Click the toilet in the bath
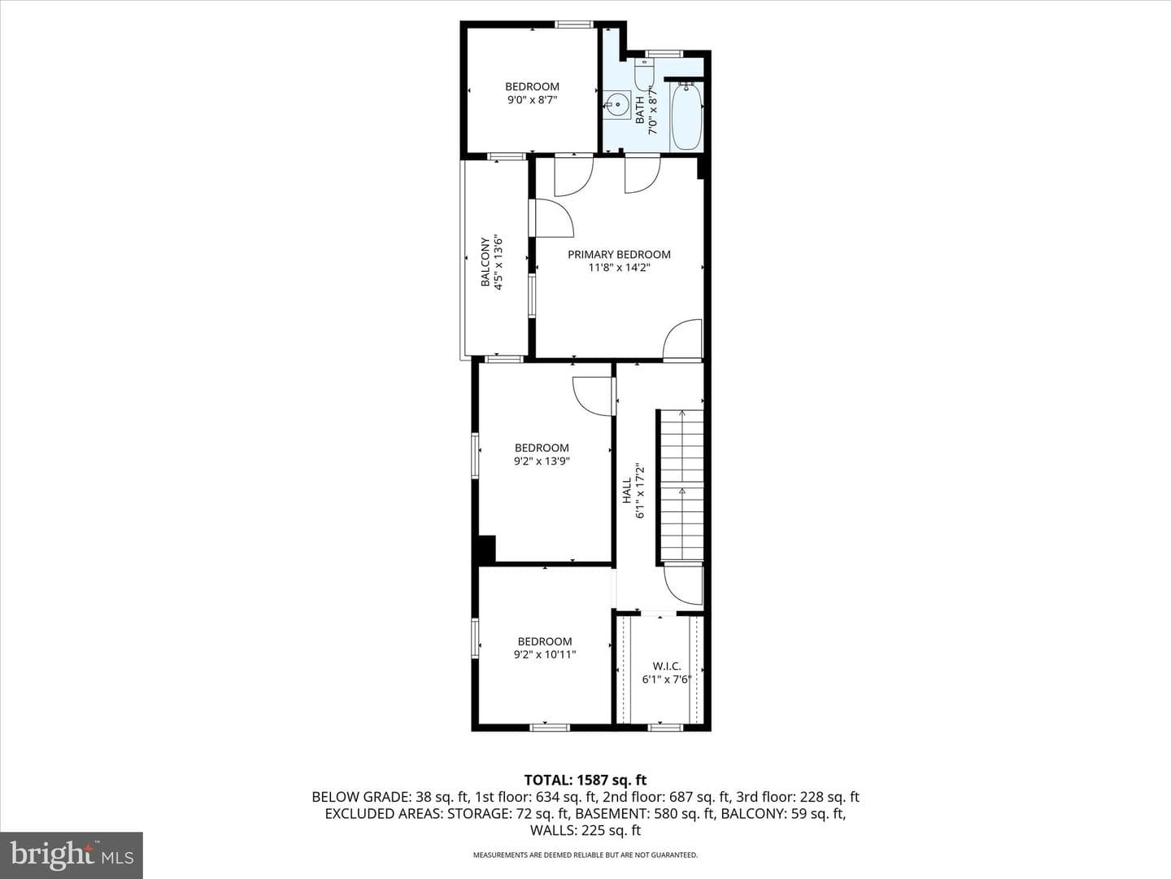coord(644,73)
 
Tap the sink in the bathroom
coord(617,106)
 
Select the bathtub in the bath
coord(686,116)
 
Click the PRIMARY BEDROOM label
coord(619,255)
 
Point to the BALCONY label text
coord(485,262)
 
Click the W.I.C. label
coord(666,666)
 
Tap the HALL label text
coord(627,490)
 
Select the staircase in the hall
coord(681,486)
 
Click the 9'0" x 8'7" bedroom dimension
coord(532,99)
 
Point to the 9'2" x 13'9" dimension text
coord(542,461)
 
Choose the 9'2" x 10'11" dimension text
coord(545,654)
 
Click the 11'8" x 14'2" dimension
coord(619,268)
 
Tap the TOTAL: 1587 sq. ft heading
coord(585,781)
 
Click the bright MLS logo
coord(72,855)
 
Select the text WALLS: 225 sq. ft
coord(585,830)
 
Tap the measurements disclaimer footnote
coord(585,855)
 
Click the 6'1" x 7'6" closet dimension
coord(666,680)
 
